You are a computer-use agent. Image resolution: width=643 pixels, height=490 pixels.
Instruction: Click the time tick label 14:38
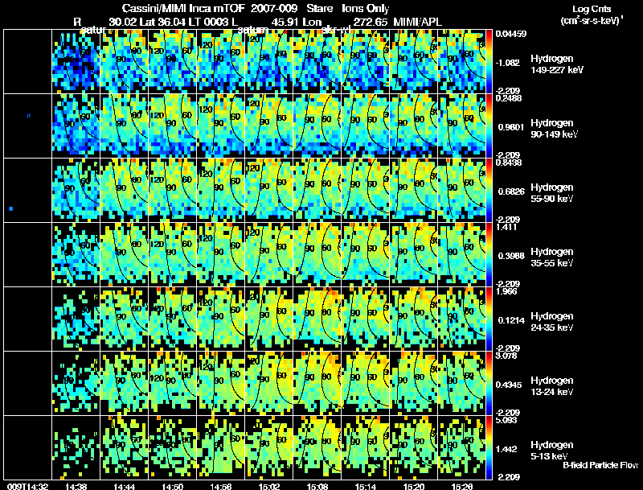click(x=78, y=485)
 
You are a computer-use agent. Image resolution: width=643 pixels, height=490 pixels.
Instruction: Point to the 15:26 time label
click(x=461, y=485)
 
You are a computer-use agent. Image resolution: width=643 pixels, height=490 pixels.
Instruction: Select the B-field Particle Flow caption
click(x=600, y=465)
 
